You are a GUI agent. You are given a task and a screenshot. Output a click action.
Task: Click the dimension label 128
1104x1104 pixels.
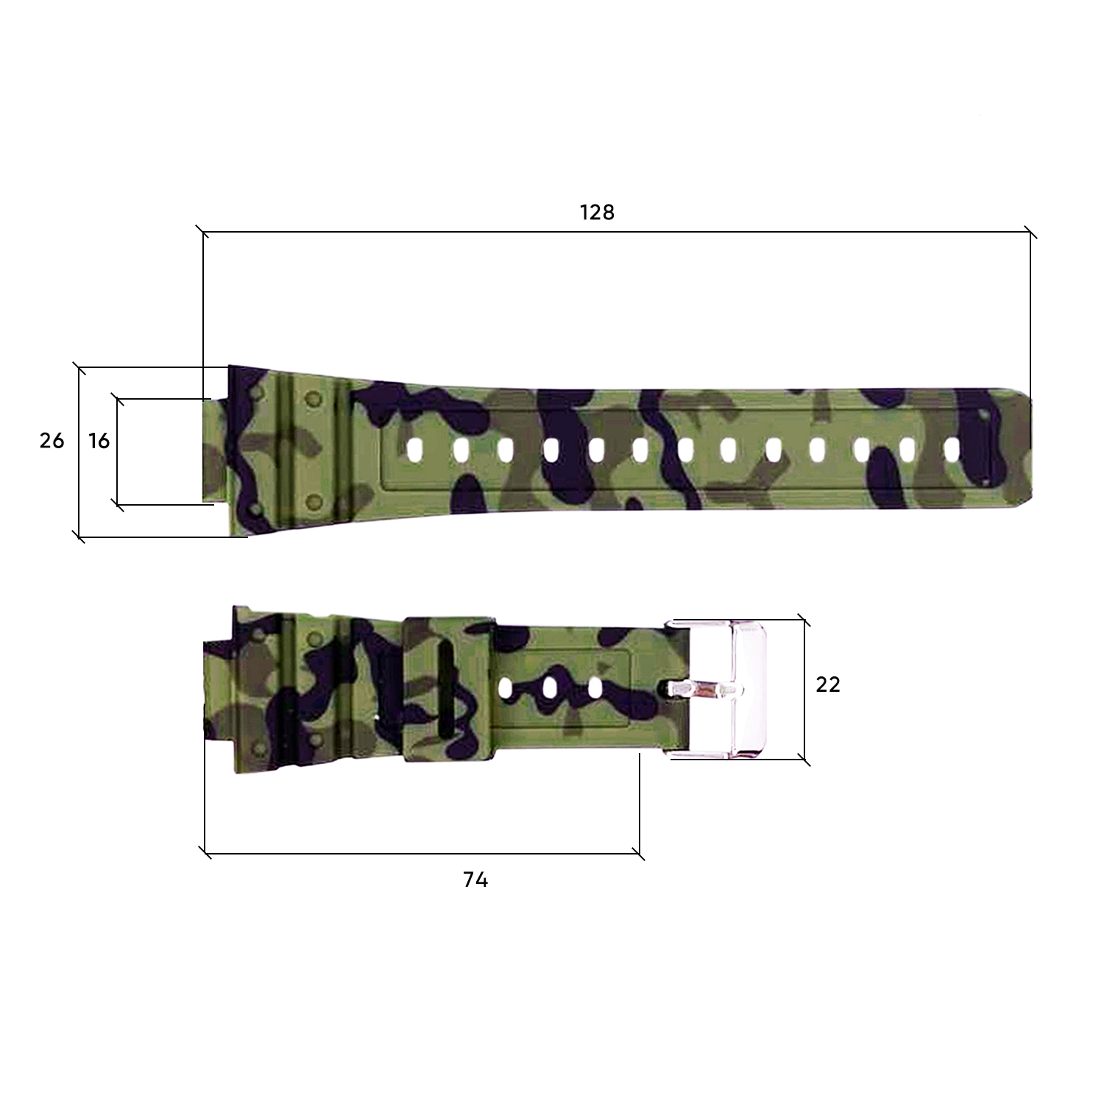(x=597, y=213)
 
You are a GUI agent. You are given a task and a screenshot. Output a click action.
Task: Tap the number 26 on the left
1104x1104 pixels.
(x=52, y=441)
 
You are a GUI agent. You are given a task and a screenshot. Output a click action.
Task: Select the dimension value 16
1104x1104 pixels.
(x=99, y=441)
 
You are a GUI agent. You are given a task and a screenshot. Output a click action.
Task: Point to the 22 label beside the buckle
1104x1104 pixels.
(x=828, y=684)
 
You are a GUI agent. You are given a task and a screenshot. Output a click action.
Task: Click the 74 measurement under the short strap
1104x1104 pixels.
(x=475, y=880)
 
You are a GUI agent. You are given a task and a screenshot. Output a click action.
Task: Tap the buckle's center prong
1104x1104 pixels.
(x=703, y=690)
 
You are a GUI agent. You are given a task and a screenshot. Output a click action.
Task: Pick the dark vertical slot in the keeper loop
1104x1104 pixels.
(x=447, y=689)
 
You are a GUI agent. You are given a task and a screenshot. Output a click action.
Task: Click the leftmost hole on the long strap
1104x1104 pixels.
(x=415, y=450)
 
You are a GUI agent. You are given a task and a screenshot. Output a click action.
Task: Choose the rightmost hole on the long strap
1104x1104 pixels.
(x=952, y=450)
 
